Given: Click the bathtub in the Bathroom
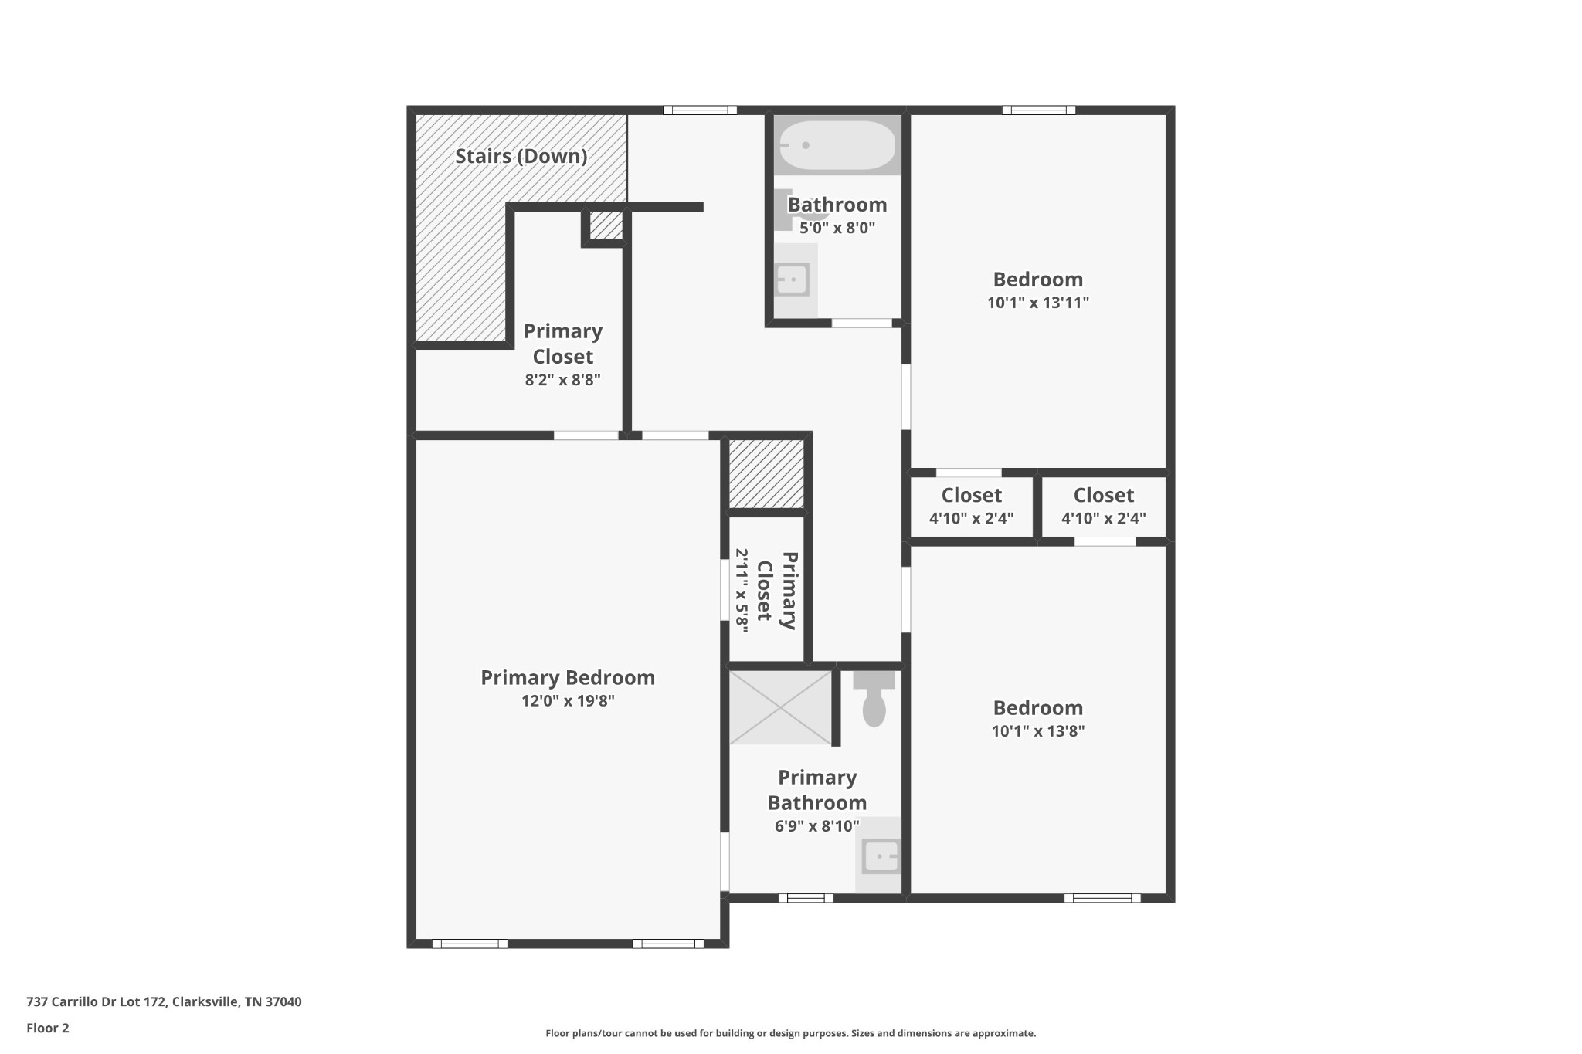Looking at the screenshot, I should (x=837, y=145).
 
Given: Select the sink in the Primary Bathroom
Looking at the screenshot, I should (x=881, y=856).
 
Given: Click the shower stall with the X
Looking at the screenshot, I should (x=780, y=707).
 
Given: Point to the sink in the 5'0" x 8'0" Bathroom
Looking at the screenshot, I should (x=793, y=280).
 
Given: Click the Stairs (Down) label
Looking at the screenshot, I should (x=521, y=156).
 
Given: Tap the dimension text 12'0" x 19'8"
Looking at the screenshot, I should (x=568, y=701).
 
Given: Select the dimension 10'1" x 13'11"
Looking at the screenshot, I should (x=1037, y=303).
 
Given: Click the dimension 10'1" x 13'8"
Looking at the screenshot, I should (x=1037, y=731).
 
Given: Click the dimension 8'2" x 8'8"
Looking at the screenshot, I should (x=562, y=380).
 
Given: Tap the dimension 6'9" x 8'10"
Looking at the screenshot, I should (x=816, y=826).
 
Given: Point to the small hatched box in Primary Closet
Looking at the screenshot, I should (x=606, y=225).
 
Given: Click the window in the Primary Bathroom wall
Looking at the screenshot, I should (x=806, y=898).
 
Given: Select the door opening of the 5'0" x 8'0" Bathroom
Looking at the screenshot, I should (x=862, y=323).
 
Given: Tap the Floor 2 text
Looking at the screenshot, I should (x=48, y=1028).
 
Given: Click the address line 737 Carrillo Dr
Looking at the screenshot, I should (x=164, y=1001).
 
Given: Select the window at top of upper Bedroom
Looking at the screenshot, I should (x=1038, y=110).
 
